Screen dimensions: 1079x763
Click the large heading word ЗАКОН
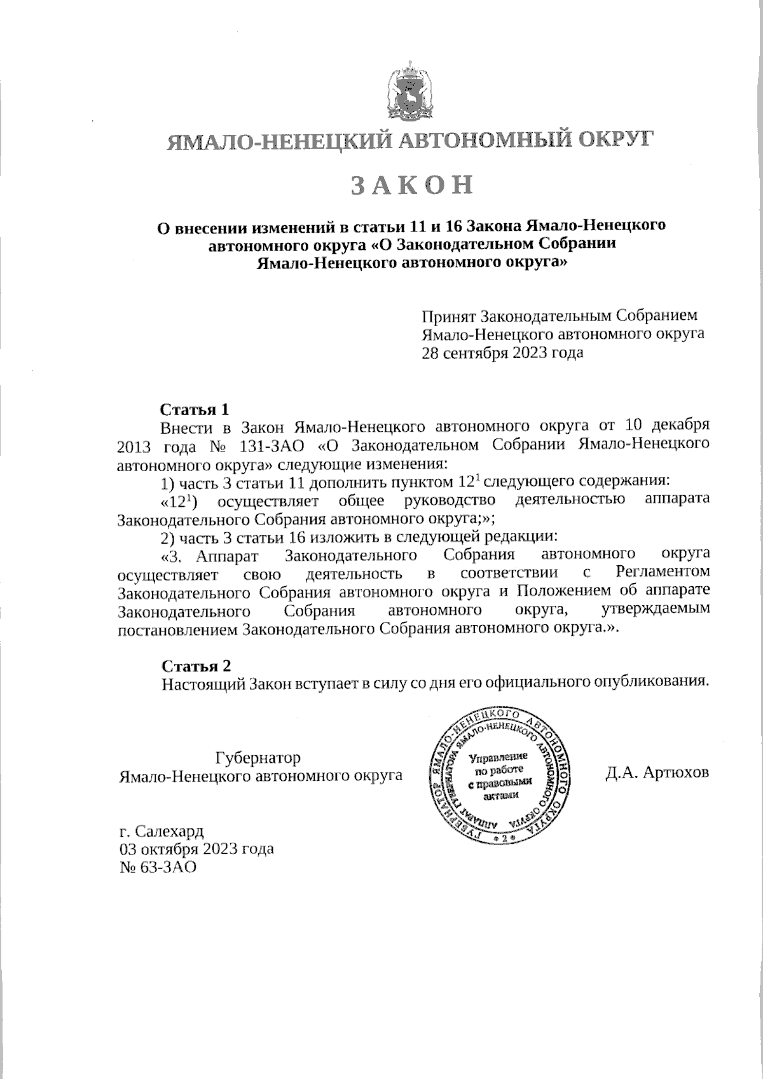(413, 184)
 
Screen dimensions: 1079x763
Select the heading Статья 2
(196, 665)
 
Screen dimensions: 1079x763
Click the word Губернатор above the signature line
(258, 758)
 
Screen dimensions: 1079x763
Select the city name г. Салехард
(162, 831)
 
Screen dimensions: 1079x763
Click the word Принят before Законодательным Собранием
(448, 316)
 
